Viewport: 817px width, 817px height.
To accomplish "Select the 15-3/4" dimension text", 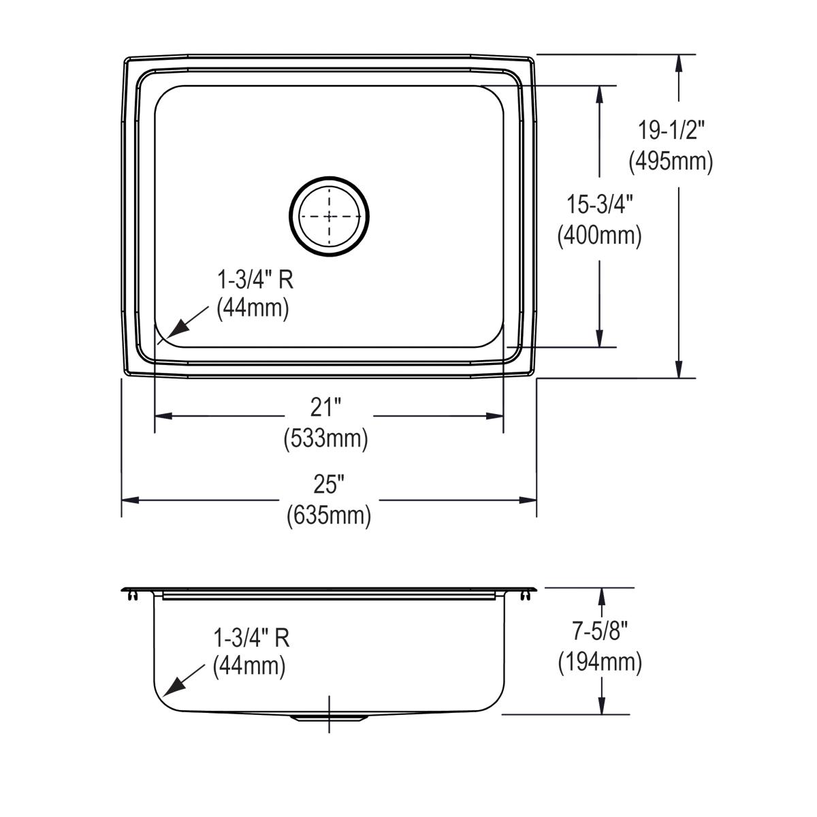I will pos(600,204).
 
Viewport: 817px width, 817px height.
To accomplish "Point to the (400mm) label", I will pos(600,236).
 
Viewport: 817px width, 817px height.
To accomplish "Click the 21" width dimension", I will pos(325,408).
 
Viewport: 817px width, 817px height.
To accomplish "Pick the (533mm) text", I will pos(325,439).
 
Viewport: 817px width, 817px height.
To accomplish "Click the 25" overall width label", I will pos(328,485).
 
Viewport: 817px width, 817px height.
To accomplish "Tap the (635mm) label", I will pos(328,515).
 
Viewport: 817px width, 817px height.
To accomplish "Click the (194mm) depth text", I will pos(600,662).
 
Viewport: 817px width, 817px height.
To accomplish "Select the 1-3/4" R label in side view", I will pos(252,638).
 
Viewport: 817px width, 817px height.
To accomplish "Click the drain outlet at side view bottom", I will pos(330,718).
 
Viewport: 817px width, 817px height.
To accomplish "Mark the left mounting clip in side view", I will pos(131,596).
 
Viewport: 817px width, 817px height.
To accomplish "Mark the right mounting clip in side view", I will pos(525,596).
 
